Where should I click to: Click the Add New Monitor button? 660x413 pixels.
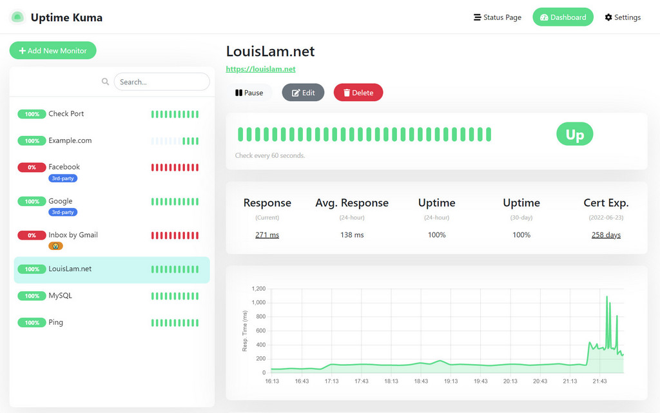53,50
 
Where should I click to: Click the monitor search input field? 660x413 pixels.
161,82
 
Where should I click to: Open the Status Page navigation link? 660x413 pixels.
497,17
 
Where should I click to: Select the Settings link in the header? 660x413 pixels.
623,17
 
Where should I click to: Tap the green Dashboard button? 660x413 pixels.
563,17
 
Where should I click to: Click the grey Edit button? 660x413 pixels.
303,93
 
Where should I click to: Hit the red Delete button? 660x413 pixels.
358,93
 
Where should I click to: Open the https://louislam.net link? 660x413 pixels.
260,69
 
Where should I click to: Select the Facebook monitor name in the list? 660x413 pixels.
64,167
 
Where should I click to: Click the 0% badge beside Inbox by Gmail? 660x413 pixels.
32,235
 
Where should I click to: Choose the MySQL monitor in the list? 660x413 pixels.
61,296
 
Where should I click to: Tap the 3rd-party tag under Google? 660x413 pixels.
63,212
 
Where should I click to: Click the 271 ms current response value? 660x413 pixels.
267,235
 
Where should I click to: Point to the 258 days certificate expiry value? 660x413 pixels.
606,235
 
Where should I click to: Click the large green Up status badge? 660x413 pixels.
574,135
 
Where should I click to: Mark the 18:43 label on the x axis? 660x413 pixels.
420,381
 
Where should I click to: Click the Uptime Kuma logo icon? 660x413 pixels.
17,17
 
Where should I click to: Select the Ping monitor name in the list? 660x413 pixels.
56,322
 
